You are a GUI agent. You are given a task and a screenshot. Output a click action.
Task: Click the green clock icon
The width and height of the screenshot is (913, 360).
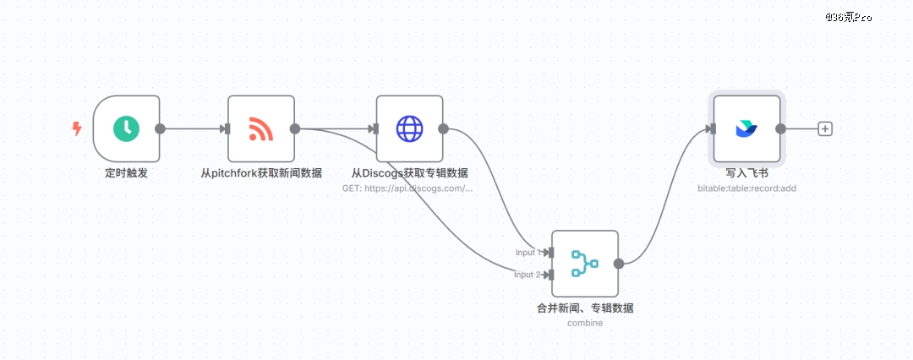click(x=126, y=128)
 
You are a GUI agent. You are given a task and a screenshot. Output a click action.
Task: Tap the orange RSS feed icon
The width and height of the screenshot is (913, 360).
click(x=261, y=128)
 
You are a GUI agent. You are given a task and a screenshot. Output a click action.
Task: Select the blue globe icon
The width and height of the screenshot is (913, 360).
click(x=410, y=128)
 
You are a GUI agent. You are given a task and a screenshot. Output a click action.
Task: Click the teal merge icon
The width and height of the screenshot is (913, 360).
click(x=585, y=264)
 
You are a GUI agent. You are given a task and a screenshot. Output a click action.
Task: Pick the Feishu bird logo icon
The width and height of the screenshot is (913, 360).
click(x=746, y=128)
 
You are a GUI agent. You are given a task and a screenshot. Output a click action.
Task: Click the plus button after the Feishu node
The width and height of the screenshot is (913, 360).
click(x=826, y=128)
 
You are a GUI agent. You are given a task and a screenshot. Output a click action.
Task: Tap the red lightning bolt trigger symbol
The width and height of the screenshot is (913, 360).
click(x=77, y=128)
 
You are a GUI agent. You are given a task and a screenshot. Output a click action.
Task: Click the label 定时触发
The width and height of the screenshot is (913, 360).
click(x=126, y=173)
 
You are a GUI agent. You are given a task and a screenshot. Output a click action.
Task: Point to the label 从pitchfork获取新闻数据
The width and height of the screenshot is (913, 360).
click(x=261, y=173)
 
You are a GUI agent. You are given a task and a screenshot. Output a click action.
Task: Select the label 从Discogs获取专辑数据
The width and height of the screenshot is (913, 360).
click(x=410, y=173)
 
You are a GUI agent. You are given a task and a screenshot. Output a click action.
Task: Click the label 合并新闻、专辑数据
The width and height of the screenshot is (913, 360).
click(x=585, y=308)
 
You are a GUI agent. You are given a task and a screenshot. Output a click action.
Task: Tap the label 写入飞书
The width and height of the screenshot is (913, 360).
click(x=746, y=173)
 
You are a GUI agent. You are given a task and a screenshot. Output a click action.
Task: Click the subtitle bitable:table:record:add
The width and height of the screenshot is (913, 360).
click(x=746, y=188)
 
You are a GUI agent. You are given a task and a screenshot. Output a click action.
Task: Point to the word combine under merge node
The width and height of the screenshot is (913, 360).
click(x=585, y=323)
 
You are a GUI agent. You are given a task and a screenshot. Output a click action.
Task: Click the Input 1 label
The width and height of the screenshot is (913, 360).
click(x=528, y=253)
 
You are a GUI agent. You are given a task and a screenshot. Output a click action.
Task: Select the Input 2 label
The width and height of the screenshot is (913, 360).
click(x=528, y=275)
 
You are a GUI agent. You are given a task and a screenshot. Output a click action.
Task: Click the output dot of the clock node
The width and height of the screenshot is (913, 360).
click(x=160, y=128)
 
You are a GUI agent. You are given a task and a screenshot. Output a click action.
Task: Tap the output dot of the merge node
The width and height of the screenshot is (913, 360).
click(x=619, y=264)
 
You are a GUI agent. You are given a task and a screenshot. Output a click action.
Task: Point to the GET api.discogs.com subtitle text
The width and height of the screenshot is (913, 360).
click(x=407, y=188)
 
